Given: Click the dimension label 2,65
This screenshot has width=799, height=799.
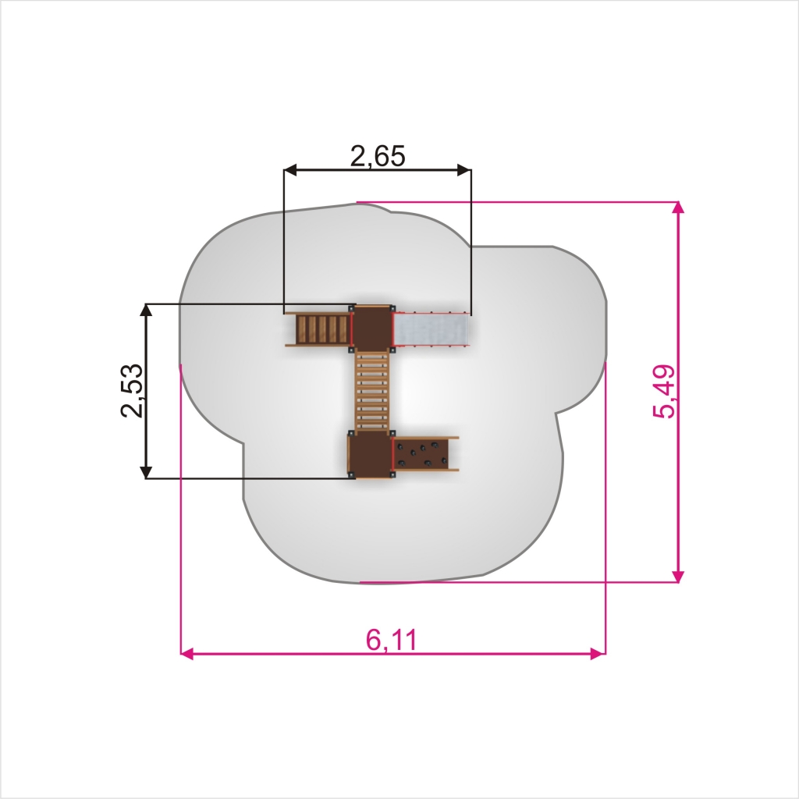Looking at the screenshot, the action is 378,156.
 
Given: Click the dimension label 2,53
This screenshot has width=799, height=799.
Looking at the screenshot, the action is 131,390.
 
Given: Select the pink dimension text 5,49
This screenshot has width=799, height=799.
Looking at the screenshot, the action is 664,392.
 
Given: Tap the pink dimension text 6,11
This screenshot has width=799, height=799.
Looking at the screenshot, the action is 392,640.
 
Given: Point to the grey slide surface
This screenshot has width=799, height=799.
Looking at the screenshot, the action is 431,329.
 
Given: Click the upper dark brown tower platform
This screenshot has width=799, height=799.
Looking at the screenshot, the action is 372,327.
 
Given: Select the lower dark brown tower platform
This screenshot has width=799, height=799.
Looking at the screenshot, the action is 372,454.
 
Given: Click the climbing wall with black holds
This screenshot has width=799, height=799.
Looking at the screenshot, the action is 422,453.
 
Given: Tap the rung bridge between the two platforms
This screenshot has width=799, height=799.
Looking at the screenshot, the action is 372,389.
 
